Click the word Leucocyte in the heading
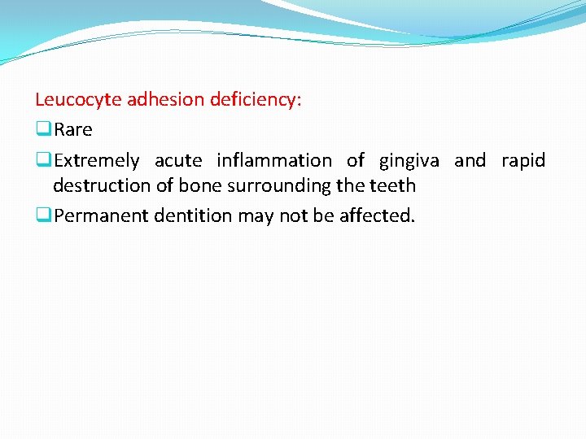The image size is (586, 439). click(72, 100)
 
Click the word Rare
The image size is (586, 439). click(73, 130)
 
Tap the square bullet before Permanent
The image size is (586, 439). click(43, 216)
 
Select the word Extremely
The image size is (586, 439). click(97, 161)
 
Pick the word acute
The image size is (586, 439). click(177, 161)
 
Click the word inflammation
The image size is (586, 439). click(274, 161)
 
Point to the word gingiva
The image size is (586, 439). click(409, 161)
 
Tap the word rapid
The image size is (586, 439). click(523, 161)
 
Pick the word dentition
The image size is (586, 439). click(195, 216)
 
